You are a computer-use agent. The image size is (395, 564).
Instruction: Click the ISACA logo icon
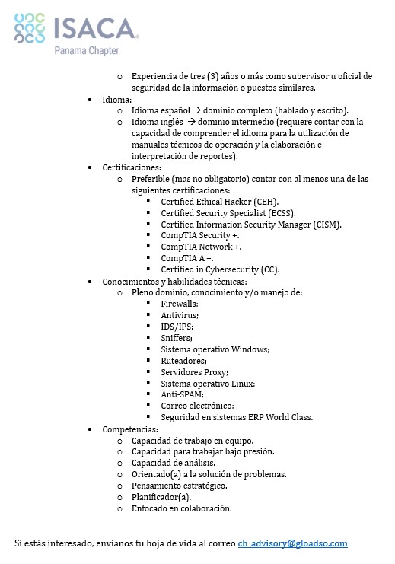click(x=30, y=30)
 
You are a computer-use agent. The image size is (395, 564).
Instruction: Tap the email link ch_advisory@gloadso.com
click(x=292, y=543)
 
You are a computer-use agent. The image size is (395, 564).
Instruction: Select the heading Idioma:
click(x=117, y=99)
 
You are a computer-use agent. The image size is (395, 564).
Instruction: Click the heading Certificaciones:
click(x=133, y=167)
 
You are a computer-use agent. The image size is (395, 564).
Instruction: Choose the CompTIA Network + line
click(x=201, y=247)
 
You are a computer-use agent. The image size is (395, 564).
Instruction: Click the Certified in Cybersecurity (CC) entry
click(x=220, y=269)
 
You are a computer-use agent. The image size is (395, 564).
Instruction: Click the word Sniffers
click(x=177, y=338)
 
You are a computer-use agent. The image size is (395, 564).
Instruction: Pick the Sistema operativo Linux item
click(x=208, y=384)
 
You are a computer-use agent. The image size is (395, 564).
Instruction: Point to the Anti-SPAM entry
click(x=183, y=395)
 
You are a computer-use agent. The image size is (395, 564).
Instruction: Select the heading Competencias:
click(x=130, y=429)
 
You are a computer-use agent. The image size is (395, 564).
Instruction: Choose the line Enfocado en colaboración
click(x=182, y=508)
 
